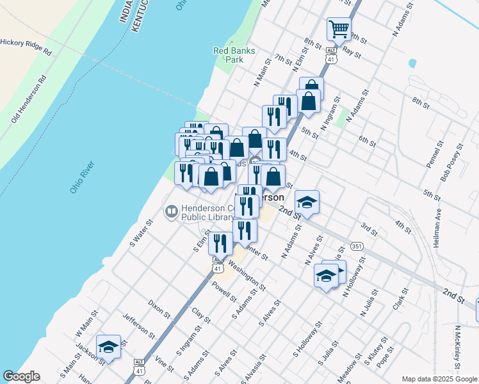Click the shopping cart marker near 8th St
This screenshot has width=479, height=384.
339,28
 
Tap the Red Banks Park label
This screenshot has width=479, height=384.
229,55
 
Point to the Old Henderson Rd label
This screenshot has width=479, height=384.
29,100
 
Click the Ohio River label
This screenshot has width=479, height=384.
83,178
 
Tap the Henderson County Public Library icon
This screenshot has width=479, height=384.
172,211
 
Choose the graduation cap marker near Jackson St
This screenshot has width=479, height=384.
108,347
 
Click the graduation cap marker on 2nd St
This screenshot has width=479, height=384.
307,202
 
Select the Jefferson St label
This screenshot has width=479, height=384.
139,325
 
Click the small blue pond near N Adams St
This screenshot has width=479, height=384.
412,64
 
